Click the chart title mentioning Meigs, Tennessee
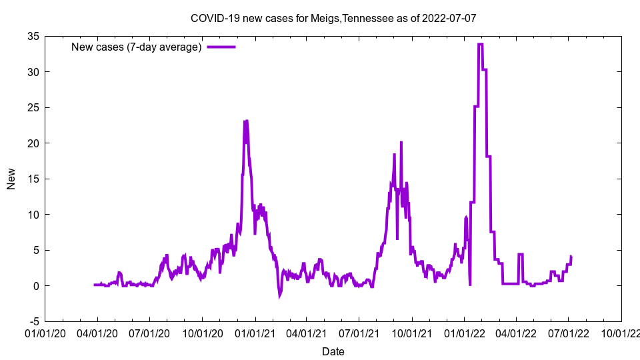point(333,18)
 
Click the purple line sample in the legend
point(221,47)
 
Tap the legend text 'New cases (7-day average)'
point(137,47)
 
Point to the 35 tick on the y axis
point(33,36)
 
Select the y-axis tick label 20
point(33,143)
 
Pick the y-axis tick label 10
point(33,215)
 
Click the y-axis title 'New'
point(11,179)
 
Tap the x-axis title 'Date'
point(333,351)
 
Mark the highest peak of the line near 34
point(481,44)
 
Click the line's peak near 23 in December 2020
point(246,121)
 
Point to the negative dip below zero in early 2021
point(280,295)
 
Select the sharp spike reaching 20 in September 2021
point(401,143)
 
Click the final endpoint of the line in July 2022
point(571,257)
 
